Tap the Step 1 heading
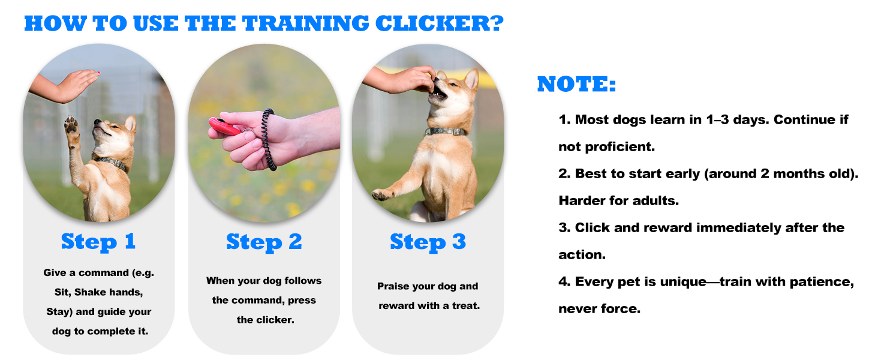tap(98, 242)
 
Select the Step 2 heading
tap(264, 242)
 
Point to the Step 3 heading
tap(428, 242)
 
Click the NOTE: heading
tap(576, 85)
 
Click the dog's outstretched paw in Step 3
tap(381, 194)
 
